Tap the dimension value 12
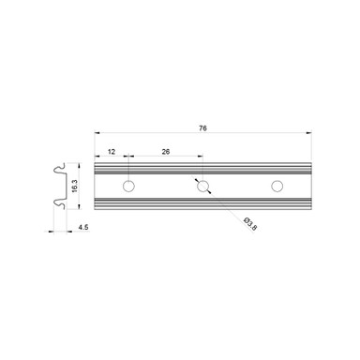point(112,149)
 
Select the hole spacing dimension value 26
point(165,149)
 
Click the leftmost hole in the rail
point(128,186)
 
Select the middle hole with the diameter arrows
point(202,186)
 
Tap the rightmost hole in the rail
point(276,186)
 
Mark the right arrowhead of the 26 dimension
point(200,157)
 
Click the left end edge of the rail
point(97,186)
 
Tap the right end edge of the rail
point(311,186)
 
